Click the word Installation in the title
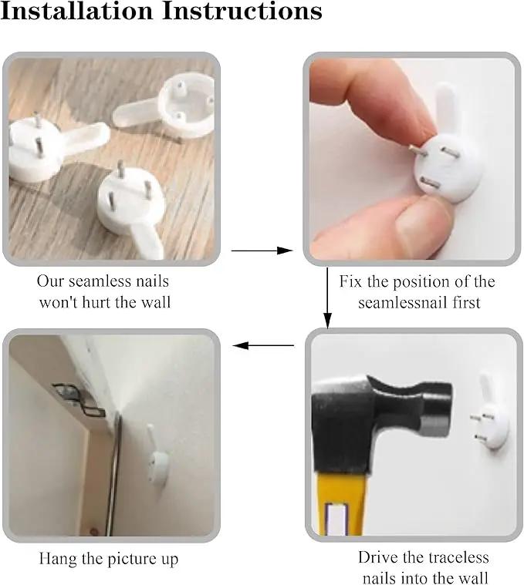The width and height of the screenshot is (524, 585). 76,11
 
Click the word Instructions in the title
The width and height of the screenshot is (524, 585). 242,11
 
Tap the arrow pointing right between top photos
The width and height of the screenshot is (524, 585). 262,250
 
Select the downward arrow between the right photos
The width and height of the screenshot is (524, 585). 327,298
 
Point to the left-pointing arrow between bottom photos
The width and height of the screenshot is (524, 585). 263,345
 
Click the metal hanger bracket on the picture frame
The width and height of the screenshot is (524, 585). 79,400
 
